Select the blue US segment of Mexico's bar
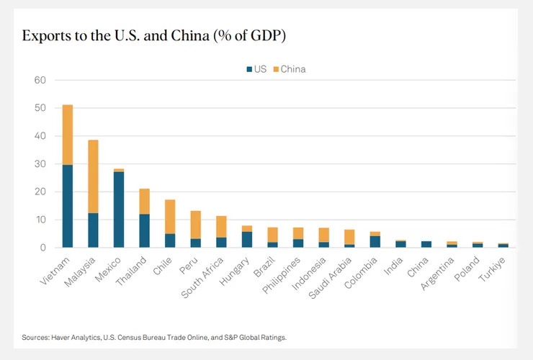(119, 210)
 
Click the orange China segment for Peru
(195, 224)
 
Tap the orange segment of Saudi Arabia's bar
(349, 237)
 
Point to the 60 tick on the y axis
(40, 80)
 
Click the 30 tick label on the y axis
(40, 163)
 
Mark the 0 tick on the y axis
(43, 248)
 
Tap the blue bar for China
(426, 244)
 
